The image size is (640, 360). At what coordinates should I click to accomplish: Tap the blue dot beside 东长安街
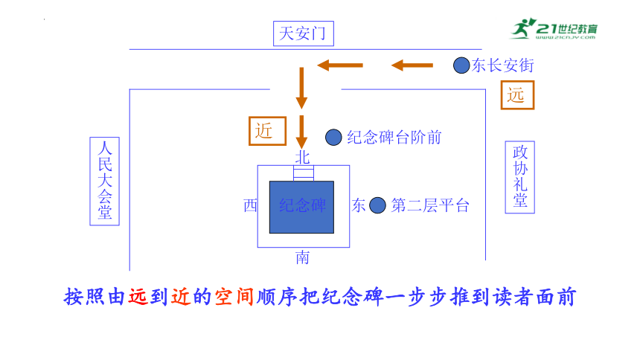click(x=461, y=65)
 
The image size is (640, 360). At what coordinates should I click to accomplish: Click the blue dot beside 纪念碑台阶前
click(x=333, y=137)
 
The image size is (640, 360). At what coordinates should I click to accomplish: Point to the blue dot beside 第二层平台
click(x=377, y=205)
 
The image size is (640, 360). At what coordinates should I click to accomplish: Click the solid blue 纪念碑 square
click(x=301, y=207)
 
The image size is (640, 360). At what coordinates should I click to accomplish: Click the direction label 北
click(x=302, y=157)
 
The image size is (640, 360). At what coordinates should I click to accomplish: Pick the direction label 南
click(x=302, y=257)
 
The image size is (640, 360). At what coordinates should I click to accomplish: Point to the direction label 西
click(x=250, y=205)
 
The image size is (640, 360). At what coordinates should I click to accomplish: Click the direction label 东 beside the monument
click(x=359, y=205)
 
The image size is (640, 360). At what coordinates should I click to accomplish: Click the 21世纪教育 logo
click(x=554, y=28)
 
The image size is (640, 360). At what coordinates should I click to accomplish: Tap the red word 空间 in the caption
click(x=234, y=297)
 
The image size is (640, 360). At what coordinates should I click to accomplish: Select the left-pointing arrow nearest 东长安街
click(x=412, y=65)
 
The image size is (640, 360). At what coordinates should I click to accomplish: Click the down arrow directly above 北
click(x=301, y=132)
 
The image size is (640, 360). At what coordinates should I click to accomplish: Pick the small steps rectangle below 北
click(x=304, y=173)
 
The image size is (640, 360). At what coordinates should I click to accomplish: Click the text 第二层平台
click(x=430, y=205)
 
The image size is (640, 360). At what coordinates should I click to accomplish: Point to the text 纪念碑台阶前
click(x=394, y=138)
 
